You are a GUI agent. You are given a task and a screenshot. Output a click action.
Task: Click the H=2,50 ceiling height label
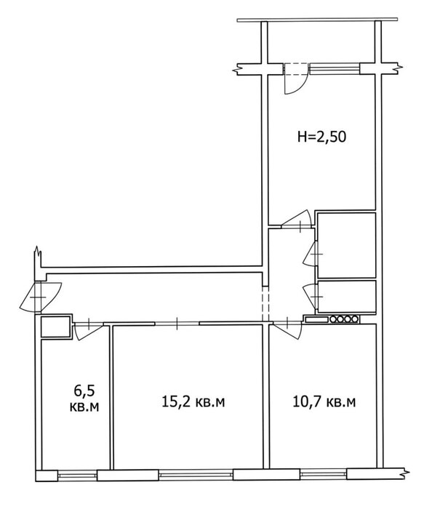tap(321, 137)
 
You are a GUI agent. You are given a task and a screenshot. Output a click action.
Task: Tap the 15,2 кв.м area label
tap(193, 402)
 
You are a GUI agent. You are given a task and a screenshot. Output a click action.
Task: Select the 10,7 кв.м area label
tap(324, 402)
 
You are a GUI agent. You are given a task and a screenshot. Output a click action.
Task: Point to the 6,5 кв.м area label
tap(84, 398)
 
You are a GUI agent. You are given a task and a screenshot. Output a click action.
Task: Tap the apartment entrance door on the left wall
tap(39, 297)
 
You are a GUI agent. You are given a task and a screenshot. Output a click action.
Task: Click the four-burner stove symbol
tap(345, 319)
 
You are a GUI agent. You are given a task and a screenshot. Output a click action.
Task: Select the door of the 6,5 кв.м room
tap(88, 330)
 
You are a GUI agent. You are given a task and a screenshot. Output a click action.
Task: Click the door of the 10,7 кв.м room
tap(287, 329)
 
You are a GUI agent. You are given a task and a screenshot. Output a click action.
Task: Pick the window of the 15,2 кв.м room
tap(196, 476)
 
